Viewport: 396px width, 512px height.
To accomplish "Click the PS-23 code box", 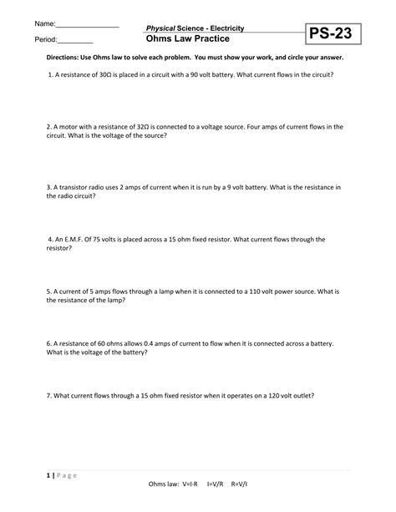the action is coord(337,34).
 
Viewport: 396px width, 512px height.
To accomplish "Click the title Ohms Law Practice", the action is coord(189,39).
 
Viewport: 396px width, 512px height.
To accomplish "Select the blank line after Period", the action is coord(75,42).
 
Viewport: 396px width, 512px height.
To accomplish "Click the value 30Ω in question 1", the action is coord(106,74).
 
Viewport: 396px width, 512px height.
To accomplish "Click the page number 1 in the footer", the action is coord(38,474).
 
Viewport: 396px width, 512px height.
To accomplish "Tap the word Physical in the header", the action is coord(163,28).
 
